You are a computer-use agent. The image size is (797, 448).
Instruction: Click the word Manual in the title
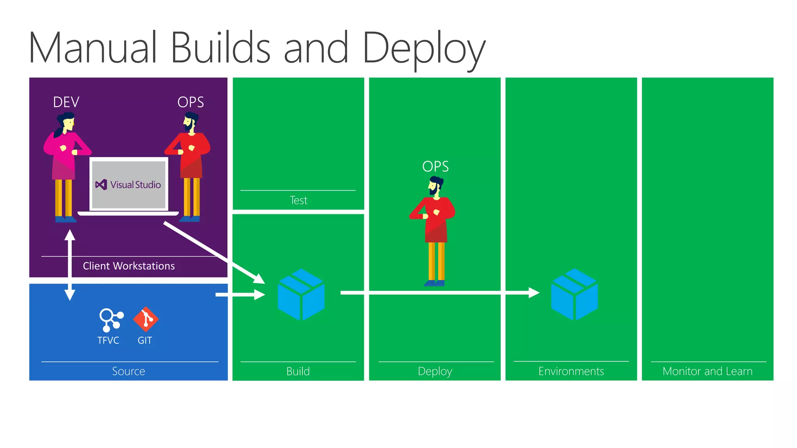[93, 48]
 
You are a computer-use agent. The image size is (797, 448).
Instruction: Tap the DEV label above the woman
[66, 102]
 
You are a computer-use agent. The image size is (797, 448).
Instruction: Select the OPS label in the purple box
[190, 102]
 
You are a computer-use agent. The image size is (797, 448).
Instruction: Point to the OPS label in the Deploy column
[435, 166]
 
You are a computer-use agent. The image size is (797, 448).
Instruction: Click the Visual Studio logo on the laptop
[101, 184]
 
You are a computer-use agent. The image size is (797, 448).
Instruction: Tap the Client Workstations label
[129, 266]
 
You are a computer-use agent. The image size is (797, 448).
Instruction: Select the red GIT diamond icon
[146, 319]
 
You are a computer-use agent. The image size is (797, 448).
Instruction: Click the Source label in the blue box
[128, 371]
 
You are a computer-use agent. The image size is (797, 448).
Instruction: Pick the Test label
[298, 200]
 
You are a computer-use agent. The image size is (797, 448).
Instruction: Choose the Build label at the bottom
[298, 371]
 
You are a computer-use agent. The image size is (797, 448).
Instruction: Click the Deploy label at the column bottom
[435, 371]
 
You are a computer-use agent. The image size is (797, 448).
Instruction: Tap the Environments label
[571, 371]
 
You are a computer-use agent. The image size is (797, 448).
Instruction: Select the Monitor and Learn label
[707, 371]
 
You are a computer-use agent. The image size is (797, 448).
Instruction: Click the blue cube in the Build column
[301, 294]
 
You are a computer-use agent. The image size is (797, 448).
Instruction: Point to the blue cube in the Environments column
[574, 294]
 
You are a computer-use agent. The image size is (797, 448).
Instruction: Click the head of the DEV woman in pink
[68, 121]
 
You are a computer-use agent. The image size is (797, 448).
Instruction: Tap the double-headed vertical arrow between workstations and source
[70, 265]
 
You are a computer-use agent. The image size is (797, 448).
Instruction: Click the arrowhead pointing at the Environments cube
[534, 292]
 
